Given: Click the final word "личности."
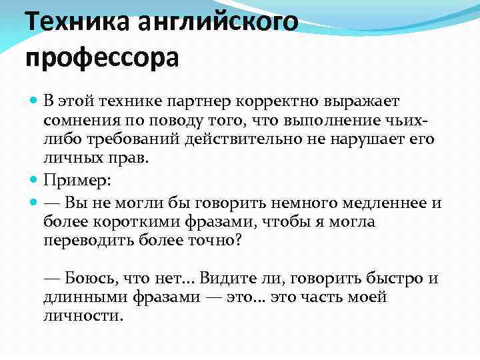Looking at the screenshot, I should coord(83,316).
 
